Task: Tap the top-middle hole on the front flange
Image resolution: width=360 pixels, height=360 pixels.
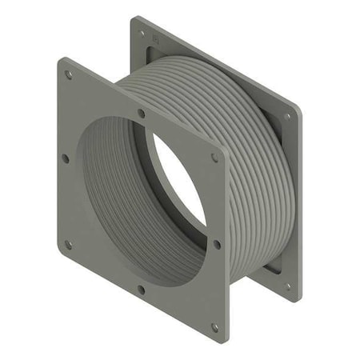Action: point(142,114)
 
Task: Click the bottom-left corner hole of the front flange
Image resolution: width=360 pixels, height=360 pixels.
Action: point(68,244)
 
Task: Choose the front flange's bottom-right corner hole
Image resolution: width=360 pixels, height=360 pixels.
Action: point(214,326)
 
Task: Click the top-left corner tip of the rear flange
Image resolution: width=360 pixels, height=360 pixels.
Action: point(133,17)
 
